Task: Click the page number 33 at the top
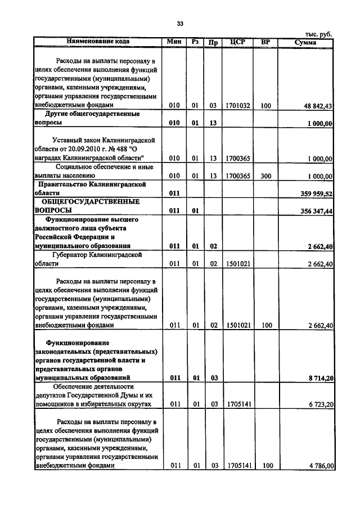(x=180, y=24)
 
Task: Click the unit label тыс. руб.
(x=318, y=34)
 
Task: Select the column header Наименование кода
(x=98, y=42)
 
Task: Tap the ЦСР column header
(x=237, y=42)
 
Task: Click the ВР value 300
(x=265, y=176)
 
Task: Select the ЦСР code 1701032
(x=237, y=105)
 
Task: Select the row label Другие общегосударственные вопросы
(x=87, y=118)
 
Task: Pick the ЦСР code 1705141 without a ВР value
(x=237, y=404)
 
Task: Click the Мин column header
(x=174, y=42)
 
